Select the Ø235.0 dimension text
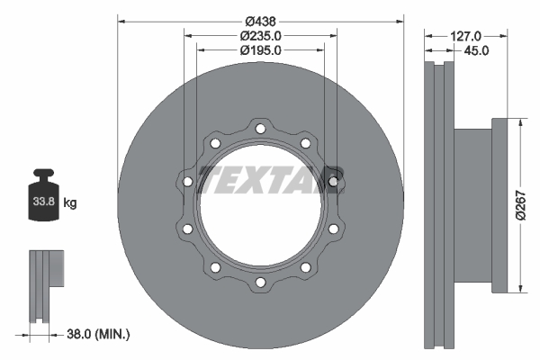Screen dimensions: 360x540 (x=261, y=35)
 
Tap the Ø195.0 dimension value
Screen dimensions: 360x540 (x=261, y=50)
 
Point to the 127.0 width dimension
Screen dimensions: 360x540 (x=465, y=35)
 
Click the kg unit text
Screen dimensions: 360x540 (x=70, y=203)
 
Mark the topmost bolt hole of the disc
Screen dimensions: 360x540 (x=260, y=130)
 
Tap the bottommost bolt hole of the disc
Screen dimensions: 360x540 (x=260, y=283)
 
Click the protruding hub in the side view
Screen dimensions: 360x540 (x=472, y=205)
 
